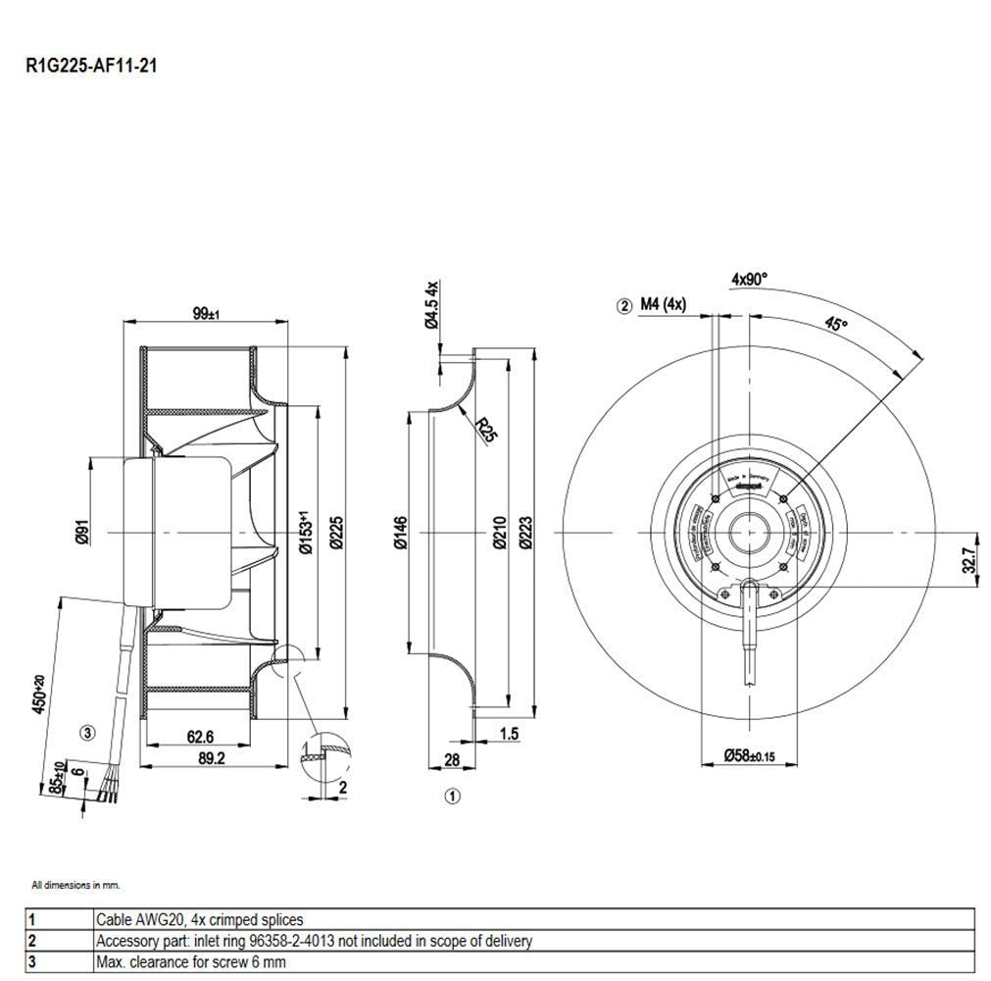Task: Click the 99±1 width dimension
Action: pos(206,313)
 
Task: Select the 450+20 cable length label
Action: pos(40,694)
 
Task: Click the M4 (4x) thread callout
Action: pos(664,304)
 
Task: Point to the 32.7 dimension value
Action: pos(968,560)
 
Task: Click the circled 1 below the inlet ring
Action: pos(452,797)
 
